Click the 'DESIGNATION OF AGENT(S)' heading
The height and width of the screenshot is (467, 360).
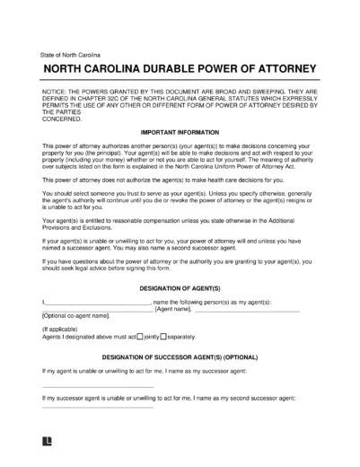pos(180,286)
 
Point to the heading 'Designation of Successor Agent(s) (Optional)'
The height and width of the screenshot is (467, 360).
pos(180,355)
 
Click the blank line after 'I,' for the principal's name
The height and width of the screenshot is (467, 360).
pos(99,302)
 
